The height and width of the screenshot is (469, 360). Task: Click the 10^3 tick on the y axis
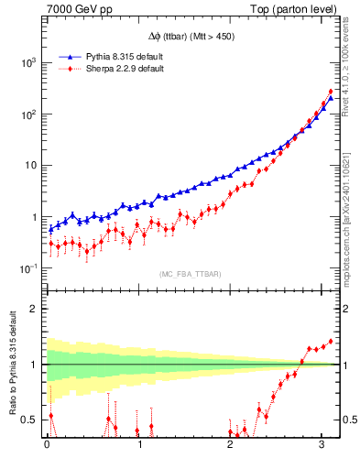[x=27, y=63]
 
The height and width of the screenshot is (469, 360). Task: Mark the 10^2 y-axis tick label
[x=27, y=115]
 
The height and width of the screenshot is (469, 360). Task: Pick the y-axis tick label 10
[x=30, y=166]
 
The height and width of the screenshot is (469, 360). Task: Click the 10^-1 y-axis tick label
[x=27, y=268]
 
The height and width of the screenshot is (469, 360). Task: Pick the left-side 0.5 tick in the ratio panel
[x=31, y=420]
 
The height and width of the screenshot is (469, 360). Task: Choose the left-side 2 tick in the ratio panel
[x=36, y=309]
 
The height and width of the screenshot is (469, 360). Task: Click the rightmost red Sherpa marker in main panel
[x=330, y=92]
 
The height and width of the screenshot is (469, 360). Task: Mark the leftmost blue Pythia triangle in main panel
[x=50, y=229]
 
